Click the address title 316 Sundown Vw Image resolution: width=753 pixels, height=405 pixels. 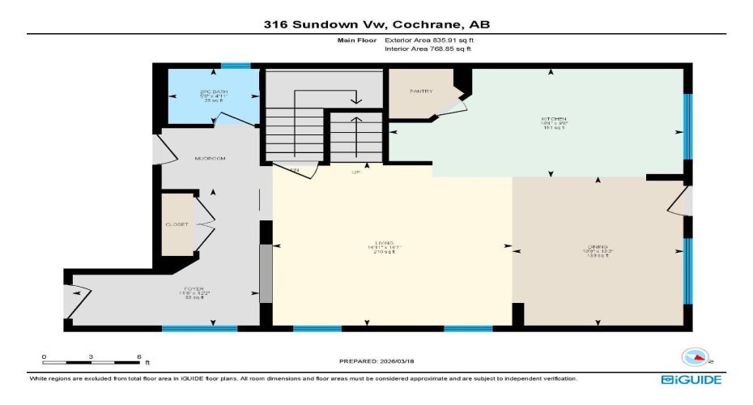376,24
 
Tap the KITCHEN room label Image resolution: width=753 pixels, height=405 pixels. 552,121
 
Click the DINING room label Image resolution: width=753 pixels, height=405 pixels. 598,246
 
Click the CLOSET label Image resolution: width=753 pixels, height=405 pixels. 177,224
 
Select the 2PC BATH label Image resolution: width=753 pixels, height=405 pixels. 214,92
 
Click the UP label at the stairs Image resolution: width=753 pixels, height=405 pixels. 355,173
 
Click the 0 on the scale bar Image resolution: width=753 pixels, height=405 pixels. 45,356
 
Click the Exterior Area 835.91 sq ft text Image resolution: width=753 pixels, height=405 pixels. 428,40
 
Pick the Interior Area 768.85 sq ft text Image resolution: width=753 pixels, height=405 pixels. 428,49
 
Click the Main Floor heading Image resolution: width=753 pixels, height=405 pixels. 355,40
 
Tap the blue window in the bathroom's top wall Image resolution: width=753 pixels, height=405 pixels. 236,66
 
